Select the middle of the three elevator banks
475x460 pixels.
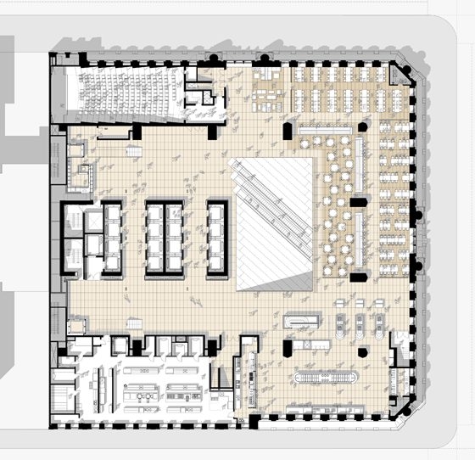[x=165, y=238]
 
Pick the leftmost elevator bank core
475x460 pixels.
[x=103, y=238]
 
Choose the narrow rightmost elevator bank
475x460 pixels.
[x=217, y=238]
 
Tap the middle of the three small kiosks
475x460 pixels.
[x=360, y=324]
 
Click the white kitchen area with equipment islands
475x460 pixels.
[x=161, y=386]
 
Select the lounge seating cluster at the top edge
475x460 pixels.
[x=270, y=86]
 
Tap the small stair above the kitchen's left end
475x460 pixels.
[x=133, y=325]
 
